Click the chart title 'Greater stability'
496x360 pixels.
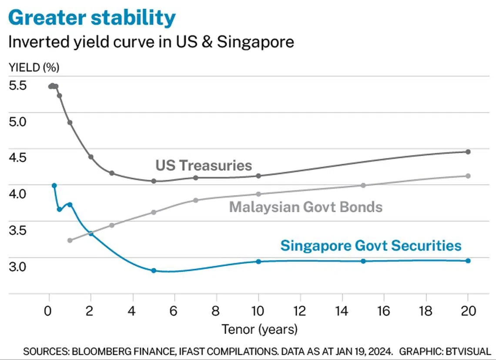[92, 18]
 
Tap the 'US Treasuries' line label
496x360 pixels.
[204, 165]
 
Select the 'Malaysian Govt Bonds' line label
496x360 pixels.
[306, 207]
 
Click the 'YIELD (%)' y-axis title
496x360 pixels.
[34, 67]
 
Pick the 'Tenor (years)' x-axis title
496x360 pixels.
[260, 329]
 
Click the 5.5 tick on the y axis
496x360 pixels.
[18, 85]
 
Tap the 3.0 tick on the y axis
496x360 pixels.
[18, 266]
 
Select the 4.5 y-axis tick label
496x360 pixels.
[18, 157]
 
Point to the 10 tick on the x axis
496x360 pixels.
[258, 312]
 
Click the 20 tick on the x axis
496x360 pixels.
[468, 312]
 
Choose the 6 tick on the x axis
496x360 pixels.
[174, 312]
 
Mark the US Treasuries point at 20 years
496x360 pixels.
[468, 152]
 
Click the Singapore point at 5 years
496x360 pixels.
[154, 270]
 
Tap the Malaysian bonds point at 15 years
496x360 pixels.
[363, 185]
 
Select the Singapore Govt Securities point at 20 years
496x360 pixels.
[468, 260]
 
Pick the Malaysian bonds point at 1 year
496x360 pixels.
[70, 240]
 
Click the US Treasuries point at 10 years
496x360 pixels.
[258, 176]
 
